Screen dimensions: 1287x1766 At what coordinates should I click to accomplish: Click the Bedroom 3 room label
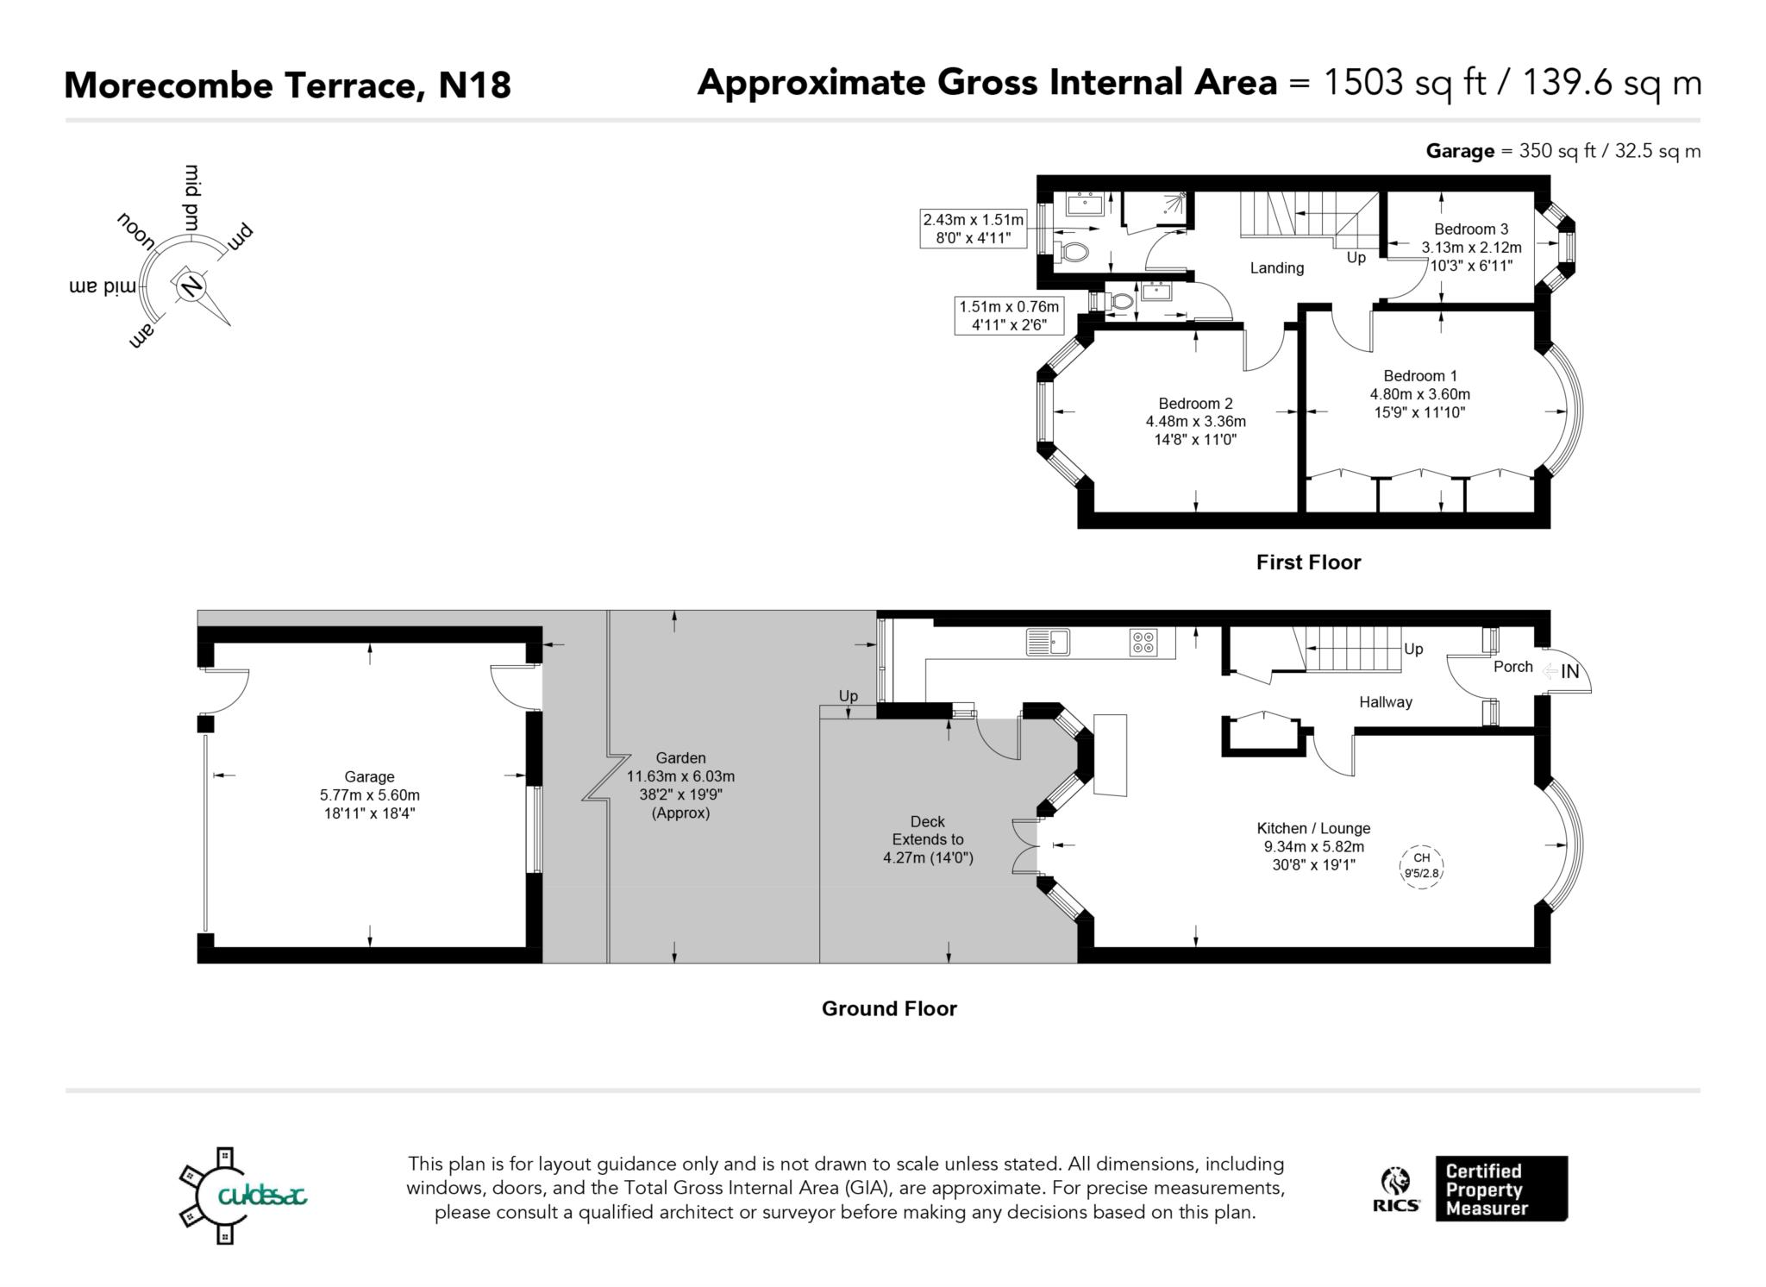click(1471, 229)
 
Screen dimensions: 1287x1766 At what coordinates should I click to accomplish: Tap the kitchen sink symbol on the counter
click(1048, 642)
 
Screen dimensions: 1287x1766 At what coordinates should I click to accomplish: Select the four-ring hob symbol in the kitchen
click(1143, 643)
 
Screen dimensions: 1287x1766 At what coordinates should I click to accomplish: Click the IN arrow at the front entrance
click(1562, 671)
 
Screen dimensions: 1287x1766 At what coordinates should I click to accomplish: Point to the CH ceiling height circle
click(1421, 865)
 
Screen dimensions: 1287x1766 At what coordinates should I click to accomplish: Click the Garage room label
click(369, 776)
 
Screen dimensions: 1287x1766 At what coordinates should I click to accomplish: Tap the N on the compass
click(191, 286)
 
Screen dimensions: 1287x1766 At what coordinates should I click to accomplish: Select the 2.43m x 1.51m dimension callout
click(974, 229)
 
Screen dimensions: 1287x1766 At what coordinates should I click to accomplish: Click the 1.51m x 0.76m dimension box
click(1009, 315)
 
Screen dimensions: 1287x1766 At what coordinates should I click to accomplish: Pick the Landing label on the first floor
click(1276, 268)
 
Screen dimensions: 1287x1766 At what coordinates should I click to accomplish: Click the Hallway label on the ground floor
click(1385, 702)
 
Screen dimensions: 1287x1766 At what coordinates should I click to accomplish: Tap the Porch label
click(1512, 667)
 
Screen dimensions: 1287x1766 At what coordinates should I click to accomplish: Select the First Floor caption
click(1308, 562)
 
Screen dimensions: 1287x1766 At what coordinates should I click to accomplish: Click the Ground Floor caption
click(889, 1008)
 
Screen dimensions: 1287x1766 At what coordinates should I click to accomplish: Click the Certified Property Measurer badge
click(1500, 1189)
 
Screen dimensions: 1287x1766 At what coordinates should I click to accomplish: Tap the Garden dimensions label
click(680, 785)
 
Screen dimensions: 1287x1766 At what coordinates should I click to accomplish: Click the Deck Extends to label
click(928, 839)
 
